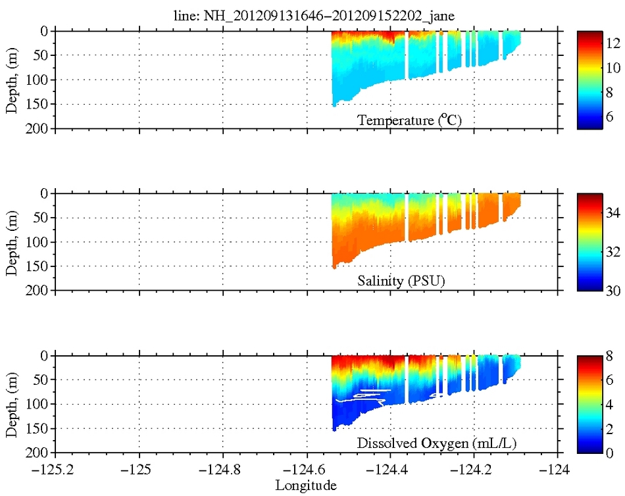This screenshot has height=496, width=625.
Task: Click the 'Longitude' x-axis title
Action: point(306,486)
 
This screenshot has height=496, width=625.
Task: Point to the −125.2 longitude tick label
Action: point(55,471)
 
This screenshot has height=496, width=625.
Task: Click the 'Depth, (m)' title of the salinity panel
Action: point(11,242)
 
